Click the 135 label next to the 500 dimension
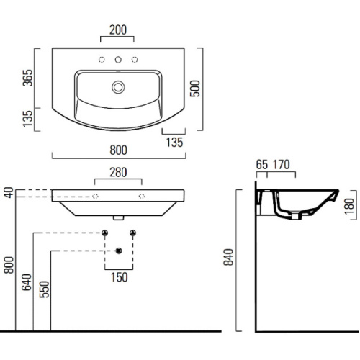point(174,142)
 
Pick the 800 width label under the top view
point(119,150)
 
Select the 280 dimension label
point(119,173)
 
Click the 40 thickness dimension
point(8,194)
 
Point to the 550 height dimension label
point(45,288)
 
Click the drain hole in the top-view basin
point(118,87)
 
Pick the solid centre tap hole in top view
point(118,60)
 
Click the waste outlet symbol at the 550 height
point(118,251)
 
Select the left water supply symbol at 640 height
point(104,233)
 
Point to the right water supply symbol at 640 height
point(132,233)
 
